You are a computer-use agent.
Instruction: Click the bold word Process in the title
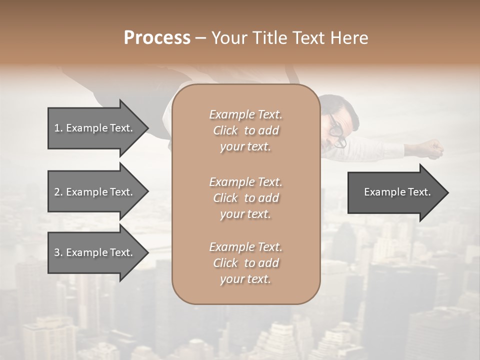(157, 38)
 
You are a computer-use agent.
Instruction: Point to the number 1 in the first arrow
(57, 128)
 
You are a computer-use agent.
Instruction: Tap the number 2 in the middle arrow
(57, 192)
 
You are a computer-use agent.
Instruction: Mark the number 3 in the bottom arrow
(57, 252)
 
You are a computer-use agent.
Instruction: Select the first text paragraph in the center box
(245, 130)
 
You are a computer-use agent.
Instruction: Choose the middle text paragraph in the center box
(245, 198)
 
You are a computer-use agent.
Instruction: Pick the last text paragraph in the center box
(245, 263)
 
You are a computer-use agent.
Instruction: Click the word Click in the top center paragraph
(225, 131)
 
